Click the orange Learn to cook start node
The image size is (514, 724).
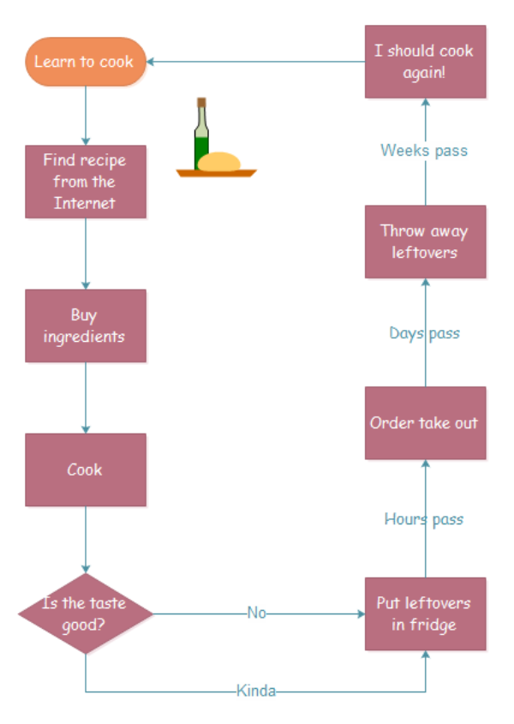point(85,62)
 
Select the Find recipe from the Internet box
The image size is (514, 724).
point(85,182)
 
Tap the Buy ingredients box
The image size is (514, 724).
point(85,326)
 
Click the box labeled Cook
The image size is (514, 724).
point(85,470)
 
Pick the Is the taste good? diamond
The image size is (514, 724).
point(85,613)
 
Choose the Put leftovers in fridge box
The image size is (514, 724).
point(425,613)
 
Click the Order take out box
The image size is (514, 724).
point(425,422)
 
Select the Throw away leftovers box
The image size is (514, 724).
point(425,242)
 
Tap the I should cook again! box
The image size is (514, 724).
point(425,62)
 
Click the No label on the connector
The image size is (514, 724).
point(257,613)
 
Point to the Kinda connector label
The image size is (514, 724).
point(256,691)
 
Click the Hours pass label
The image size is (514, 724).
point(423,518)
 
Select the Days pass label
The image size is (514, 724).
point(424,333)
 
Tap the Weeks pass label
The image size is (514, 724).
point(424,151)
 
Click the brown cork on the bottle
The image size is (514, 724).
point(201,103)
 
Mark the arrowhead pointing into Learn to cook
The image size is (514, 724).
point(152,62)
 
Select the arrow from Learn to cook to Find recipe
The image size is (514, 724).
point(85,116)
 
